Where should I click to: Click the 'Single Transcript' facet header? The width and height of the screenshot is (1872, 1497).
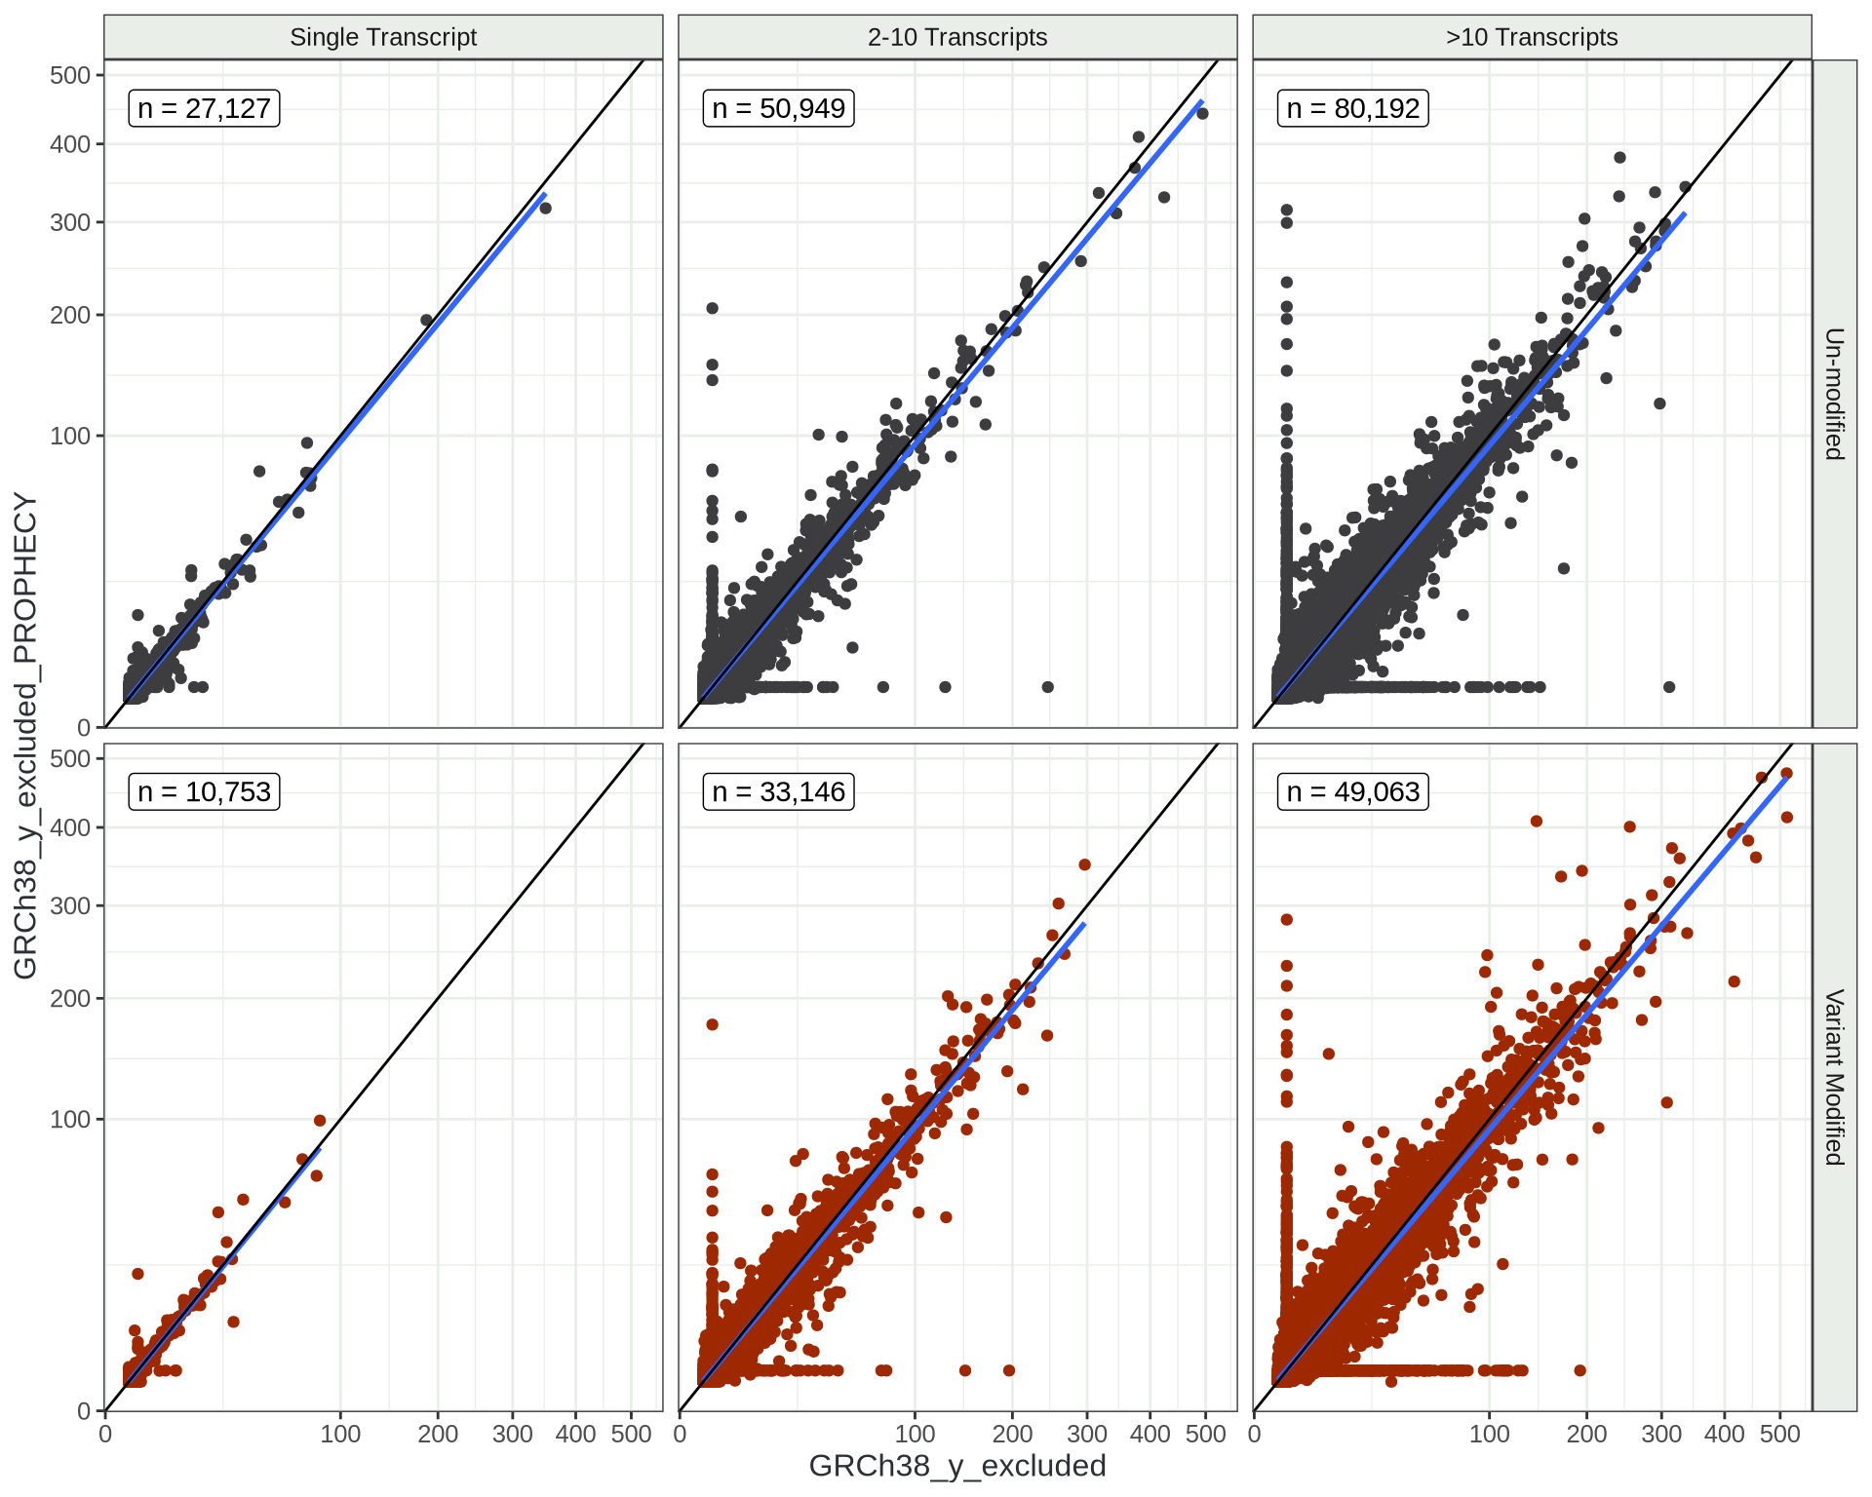pyautogui.click(x=383, y=37)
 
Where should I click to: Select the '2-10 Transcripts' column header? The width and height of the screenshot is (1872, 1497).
pyautogui.click(x=957, y=37)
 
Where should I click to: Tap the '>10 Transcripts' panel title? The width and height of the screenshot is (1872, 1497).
pyautogui.click(x=1532, y=37)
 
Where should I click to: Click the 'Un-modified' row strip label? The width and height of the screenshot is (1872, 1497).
pyautogui.click(x=1834, y=394)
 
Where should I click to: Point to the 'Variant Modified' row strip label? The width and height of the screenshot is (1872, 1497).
pyautogui.click(x=1834, y=1077)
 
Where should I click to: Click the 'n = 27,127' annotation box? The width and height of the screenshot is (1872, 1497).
pyautogui.click(x=204, y=108)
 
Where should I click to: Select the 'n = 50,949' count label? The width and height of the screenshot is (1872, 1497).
pyautogui.click(x=778, y=108)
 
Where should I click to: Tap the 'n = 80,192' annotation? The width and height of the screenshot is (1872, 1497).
pyautogui.click(x=1352, y=108)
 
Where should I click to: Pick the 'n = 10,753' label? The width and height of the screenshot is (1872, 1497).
pyautogui.click(x=204, y=791)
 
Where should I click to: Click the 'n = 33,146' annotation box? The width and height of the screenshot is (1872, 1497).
pyautogui.click(x=778, y=791)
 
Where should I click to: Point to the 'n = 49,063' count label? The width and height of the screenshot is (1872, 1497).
pyautogui.click(x=1352, y=791)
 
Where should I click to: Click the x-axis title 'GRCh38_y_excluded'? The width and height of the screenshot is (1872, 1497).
pyautogui.click(x=957, y=1466)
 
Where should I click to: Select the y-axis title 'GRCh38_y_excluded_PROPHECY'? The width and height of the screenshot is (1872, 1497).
pyautogui.click(x=25, y=735)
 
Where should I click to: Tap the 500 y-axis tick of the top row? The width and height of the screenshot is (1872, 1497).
pyautogui.click(x=70, y=75)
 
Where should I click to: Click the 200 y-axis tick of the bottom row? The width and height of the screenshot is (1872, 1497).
pyautogui.click(x=70, y=998)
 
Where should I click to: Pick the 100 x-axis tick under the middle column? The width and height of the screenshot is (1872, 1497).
pyautogui.click(x=915, y=1434)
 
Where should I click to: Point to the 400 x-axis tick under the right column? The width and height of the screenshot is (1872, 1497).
pyautogui.click(x=1724, y=1434)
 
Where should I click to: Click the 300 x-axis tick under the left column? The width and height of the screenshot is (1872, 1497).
pyautogui.click(x=513, y=1434)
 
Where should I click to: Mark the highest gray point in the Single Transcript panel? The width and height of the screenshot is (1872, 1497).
pyautogui.click(x=545, y=208)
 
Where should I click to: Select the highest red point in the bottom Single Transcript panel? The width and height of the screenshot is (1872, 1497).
pyautogui.click(x=320, y=1121)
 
